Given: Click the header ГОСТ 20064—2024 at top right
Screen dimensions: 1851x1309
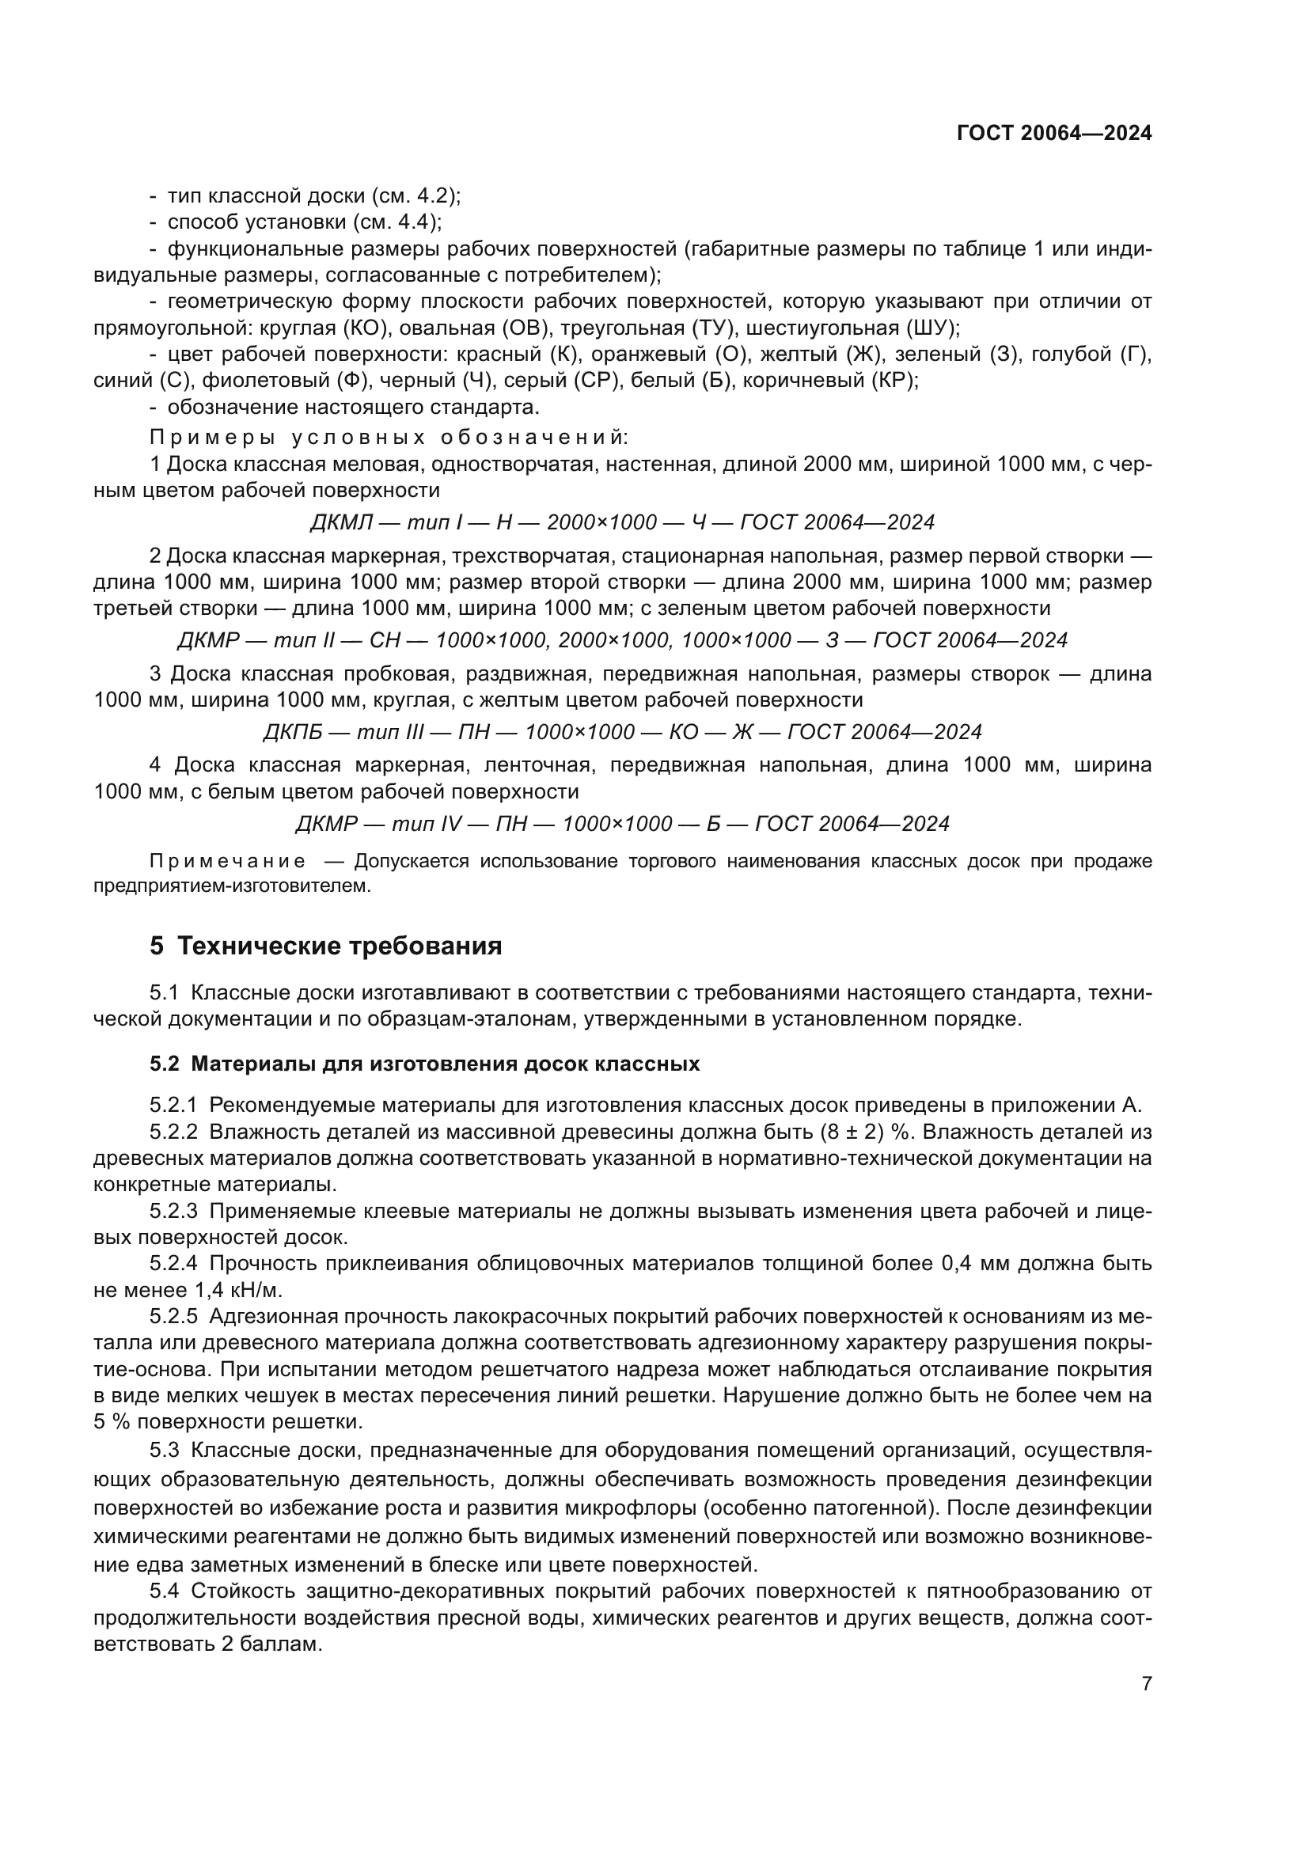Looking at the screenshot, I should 1053,134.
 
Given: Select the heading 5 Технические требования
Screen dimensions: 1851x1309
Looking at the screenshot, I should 325,946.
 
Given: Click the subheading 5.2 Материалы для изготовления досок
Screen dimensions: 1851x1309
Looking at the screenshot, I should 424,1064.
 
